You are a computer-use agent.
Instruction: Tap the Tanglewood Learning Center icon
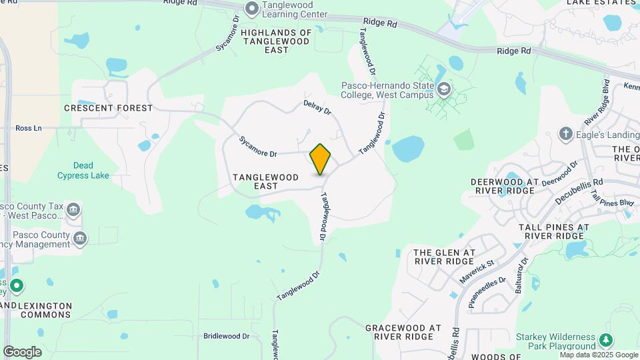[251, 9]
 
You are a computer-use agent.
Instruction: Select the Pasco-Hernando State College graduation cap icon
[443, 89]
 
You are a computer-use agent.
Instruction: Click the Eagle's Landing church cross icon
[565, 134]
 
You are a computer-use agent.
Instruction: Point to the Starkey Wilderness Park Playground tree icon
[605, 340]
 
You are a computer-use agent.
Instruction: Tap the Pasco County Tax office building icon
[74, 211]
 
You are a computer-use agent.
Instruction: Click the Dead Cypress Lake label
[83, 171]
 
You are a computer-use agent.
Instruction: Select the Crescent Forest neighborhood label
[109, 108]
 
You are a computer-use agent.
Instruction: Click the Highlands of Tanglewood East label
[276, 41]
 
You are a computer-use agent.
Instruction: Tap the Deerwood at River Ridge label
[502, 186]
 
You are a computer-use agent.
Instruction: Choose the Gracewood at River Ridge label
[403, 333]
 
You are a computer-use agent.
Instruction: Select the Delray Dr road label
[317, 107]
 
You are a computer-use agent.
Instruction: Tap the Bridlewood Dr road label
[226, 337]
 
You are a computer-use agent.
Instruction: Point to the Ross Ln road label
[28, 128]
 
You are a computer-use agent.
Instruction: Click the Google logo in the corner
[22, 352]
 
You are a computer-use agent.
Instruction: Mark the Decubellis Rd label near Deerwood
[580, 191]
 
